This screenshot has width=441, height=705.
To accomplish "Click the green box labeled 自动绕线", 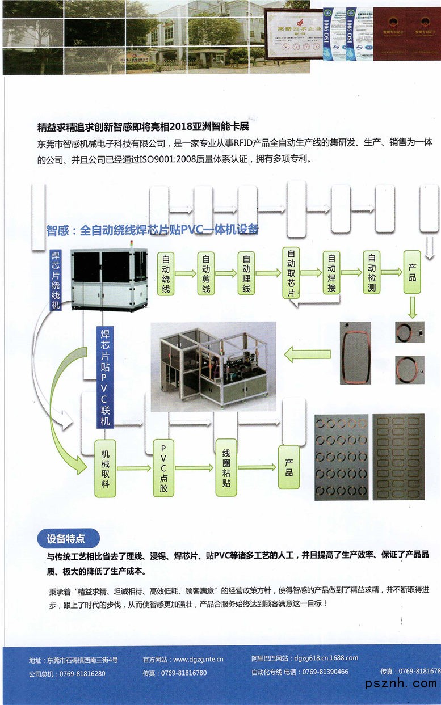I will (166, 273).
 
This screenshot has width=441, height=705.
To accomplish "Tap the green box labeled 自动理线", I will (246, 273).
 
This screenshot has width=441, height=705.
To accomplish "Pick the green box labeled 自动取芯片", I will (291, 273).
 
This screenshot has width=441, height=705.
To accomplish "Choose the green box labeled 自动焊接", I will (331, 273).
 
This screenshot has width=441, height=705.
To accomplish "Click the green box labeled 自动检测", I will (372, 273).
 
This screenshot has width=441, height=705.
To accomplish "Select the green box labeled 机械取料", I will (105, 468).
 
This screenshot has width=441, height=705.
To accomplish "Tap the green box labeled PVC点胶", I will (163, 468).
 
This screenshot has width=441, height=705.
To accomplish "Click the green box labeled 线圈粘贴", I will (226, 468).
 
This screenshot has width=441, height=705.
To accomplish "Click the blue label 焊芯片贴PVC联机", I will (104, 377).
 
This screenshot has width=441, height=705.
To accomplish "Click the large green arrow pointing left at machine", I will (303, 356).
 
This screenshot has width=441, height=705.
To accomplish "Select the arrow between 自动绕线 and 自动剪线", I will (186, 273).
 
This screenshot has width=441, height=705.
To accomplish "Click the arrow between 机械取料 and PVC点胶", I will (135, 468).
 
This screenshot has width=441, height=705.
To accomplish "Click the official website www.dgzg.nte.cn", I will (198, 660).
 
